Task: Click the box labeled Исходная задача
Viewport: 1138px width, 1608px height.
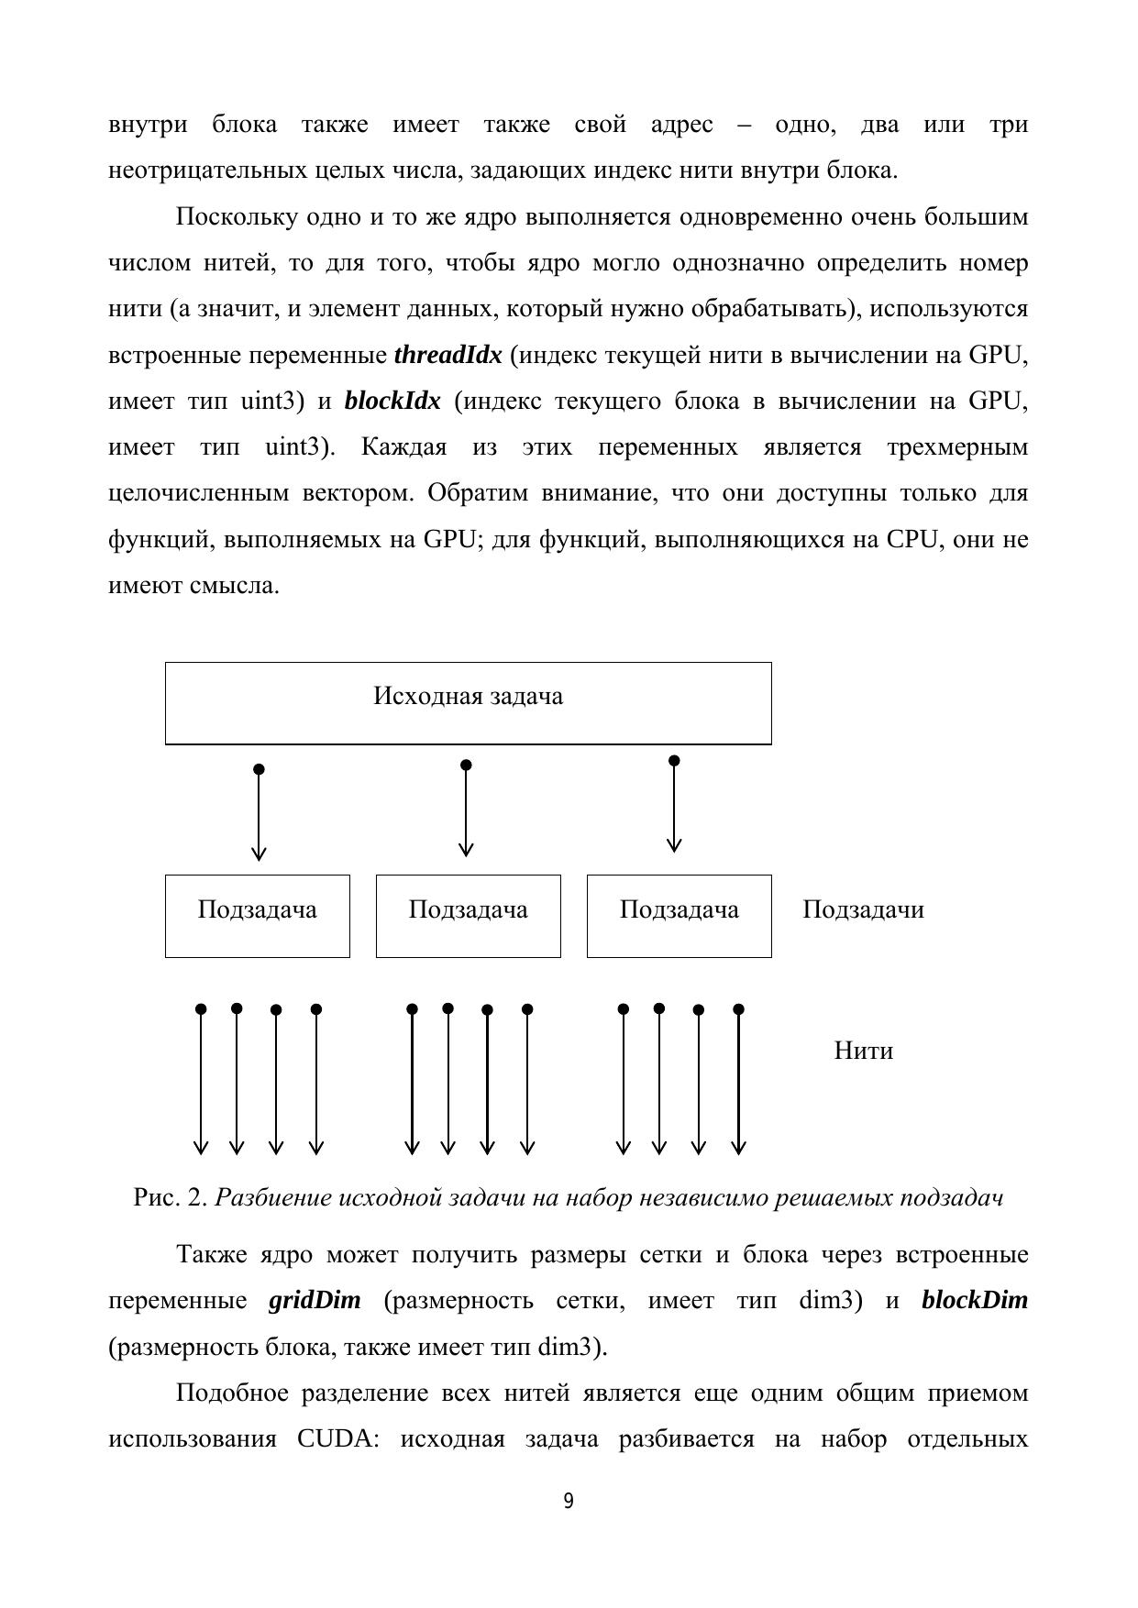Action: [468, 702]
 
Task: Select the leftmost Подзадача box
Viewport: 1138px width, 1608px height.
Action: [257, 915]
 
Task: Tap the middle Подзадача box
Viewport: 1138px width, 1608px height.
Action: [468, 915]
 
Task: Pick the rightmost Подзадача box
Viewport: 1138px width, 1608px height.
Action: [679, 915]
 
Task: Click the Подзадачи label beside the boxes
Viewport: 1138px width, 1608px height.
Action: [863, 909]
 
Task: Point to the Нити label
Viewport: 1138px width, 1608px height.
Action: [863, 1051]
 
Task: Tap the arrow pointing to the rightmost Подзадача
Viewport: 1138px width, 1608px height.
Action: [674, 806]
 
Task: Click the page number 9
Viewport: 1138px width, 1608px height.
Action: [569, 1502]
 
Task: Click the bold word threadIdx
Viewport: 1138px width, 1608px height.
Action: [447, 355]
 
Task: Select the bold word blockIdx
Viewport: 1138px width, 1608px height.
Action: [392, 401]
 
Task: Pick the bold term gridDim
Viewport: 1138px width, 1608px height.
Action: [315, 1300]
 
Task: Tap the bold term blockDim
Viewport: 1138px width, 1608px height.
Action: [974, 1300]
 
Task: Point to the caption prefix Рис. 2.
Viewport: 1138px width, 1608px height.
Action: [171, 1198]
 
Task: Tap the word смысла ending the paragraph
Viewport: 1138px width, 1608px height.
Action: [234, 585]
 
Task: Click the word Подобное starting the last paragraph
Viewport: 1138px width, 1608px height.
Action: [232, 1393]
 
